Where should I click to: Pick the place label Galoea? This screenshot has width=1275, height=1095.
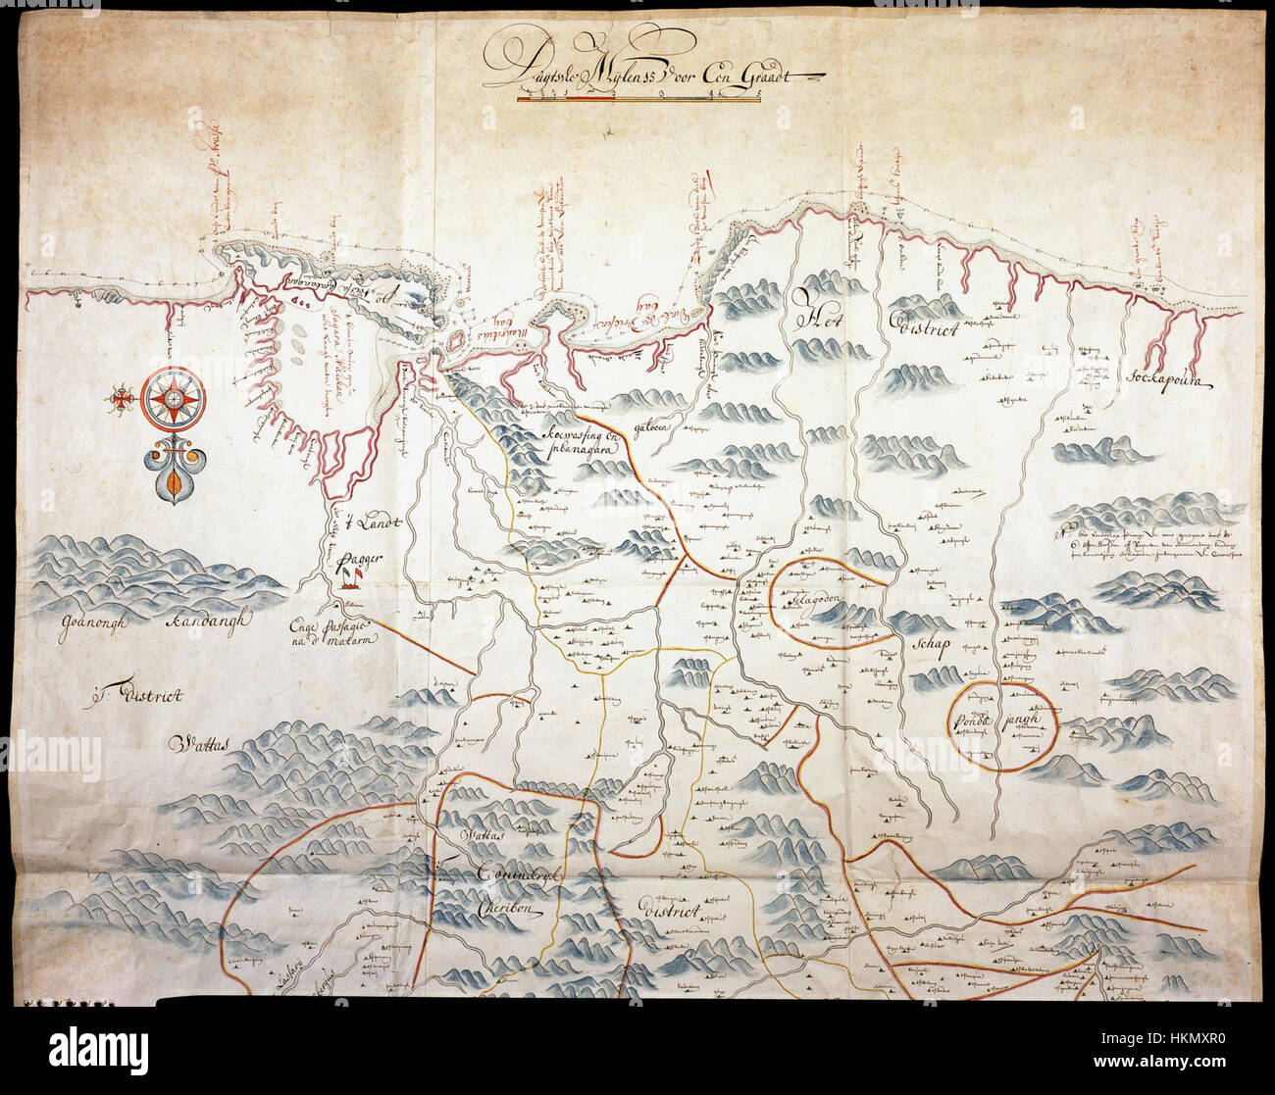649,428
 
